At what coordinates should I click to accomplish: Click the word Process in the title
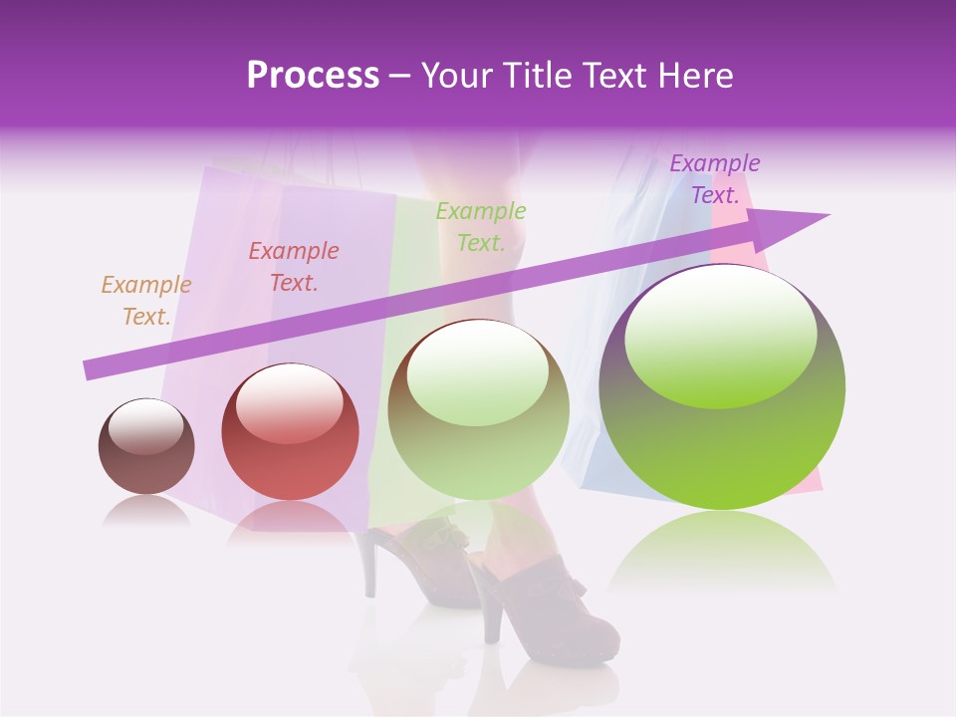coord(313,76)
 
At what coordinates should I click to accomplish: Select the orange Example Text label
coord(146,301)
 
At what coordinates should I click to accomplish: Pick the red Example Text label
coord(294,267)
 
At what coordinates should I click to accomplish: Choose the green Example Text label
coord(481,227)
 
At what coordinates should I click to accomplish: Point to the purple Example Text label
coord(714,179)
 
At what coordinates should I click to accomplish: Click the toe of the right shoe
coord(597,637)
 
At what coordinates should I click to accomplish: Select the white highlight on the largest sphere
coord(720,334)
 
